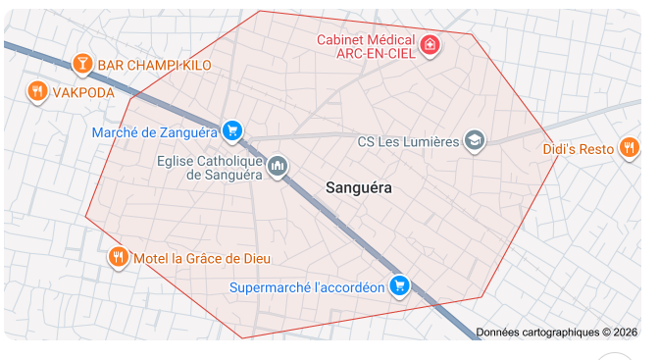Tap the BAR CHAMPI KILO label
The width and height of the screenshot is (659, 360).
tap(155, 66)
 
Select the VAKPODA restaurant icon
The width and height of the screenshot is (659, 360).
tap(37, 91)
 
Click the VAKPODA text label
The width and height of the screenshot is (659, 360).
tap(83, 92)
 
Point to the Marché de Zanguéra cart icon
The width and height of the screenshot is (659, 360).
tap(231, 129)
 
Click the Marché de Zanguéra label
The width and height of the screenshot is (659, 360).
tap(154, 131)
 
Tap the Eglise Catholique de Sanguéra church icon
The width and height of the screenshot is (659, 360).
tap(278, 166)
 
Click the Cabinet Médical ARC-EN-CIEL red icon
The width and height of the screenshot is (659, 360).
tap(430, 44)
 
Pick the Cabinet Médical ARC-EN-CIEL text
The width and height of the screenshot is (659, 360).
tap(364, 46)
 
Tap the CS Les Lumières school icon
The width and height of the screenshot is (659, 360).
tap(475, 141)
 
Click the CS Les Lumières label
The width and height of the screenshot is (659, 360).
tap(408, 142)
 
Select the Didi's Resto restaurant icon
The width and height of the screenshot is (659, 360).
tap(630, 148)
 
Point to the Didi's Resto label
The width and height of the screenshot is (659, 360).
tap(579, 150)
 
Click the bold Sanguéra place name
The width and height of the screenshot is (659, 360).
tap(358, 186)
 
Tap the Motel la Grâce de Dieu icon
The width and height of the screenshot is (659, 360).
tap(118, 257)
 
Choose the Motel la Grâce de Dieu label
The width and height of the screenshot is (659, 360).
tap(201, 258)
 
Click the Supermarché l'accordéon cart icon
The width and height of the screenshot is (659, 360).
tap(398, 285)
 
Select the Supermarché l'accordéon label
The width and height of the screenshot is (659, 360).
tap(306, 287)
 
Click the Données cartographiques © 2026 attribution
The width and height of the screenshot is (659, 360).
tap(556, 333)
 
